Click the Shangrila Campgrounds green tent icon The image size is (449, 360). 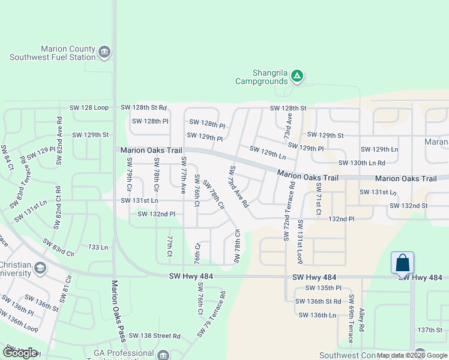(x=297, y=76)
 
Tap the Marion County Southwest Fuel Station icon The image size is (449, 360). (x=104, y=52)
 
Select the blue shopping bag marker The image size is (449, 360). (x=402, y=262)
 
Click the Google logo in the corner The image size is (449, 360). (x=20, y=353)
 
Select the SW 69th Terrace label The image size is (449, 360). (x=351, y=320)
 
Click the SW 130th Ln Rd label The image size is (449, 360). (x=361, y=163)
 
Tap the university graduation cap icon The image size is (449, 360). (x=40, y=267)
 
